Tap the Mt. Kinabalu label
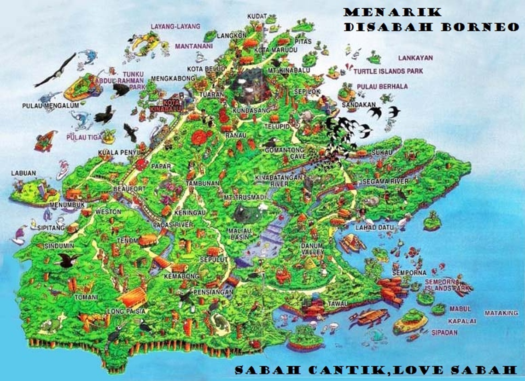(x=289, y=70)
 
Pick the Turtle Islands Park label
(x=388, y=71)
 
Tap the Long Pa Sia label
(x=121, y=311)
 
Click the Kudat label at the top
(x=257, y=16)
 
